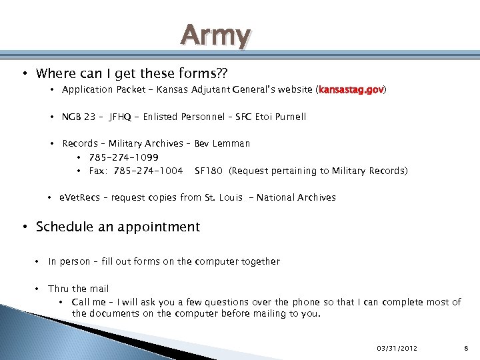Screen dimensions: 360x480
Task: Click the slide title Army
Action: click(x=216, y=35)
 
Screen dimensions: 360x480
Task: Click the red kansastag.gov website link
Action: click(x=352, y=89)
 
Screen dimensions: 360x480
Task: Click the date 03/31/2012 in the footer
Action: click(x=397, y=348)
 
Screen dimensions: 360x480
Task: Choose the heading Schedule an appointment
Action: click(x=118, y=227)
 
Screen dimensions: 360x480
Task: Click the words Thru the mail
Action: click(x=78, y=289)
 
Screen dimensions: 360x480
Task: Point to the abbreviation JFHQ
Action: click(x=123, y=117)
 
